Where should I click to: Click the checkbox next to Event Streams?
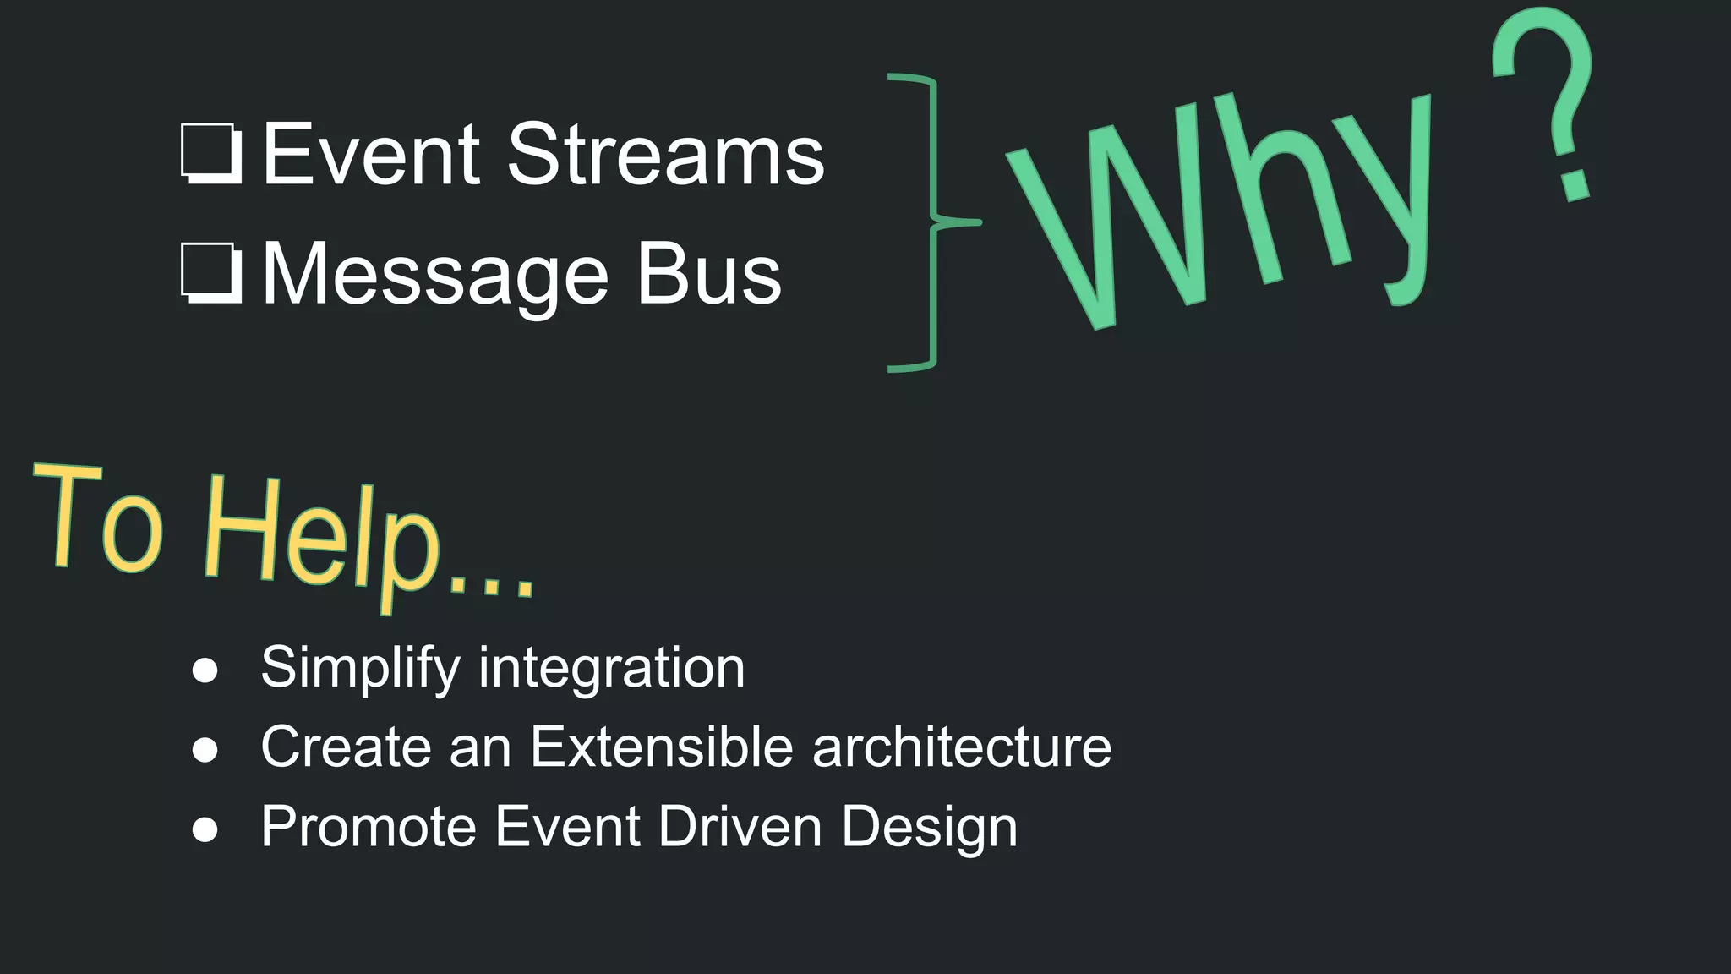211,154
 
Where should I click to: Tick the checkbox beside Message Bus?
211,273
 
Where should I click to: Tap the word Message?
435,275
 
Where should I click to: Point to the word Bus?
708,274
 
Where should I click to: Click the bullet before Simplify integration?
205,670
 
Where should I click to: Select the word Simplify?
360,668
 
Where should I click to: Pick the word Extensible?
662,747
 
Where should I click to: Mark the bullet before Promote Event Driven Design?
205,829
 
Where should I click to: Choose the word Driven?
740,826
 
